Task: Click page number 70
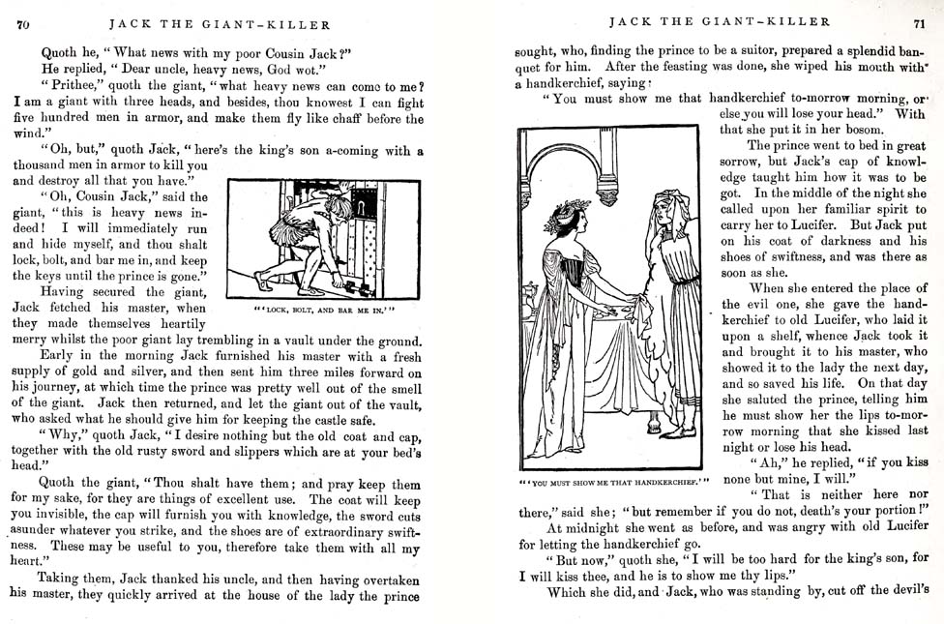coord(22,25)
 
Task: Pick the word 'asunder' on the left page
coord(39,531)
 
